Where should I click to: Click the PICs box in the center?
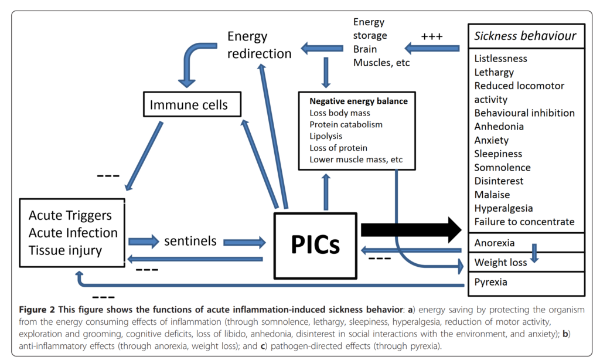coord(315,245)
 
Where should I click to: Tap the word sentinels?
coord(190,241)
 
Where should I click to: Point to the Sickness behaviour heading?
coord(526,36)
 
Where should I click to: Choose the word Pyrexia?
coord(491,282)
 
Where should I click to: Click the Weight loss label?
coord(500,262)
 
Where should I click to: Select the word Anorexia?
coord(495,243)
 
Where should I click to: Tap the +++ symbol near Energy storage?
coord(432,36)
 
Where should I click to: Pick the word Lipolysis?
coord(327,136)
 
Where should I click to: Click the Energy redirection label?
coord(259,45)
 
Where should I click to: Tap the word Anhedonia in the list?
coord(499,126)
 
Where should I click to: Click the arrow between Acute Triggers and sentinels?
coord(144,241)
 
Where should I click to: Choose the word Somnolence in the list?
coord(502,167)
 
